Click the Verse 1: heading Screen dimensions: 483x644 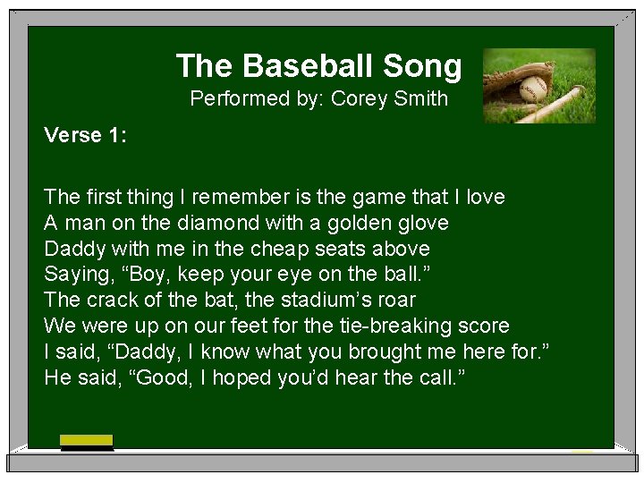pyautogui.click(x=86, y=136)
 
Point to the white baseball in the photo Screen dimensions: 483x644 pyautogui.click(x=533, y=89)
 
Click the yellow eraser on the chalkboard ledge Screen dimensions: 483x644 pyautogui.click(x=87, y=440)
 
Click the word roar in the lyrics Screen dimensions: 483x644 pyautogui.click(x=398, y=300)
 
